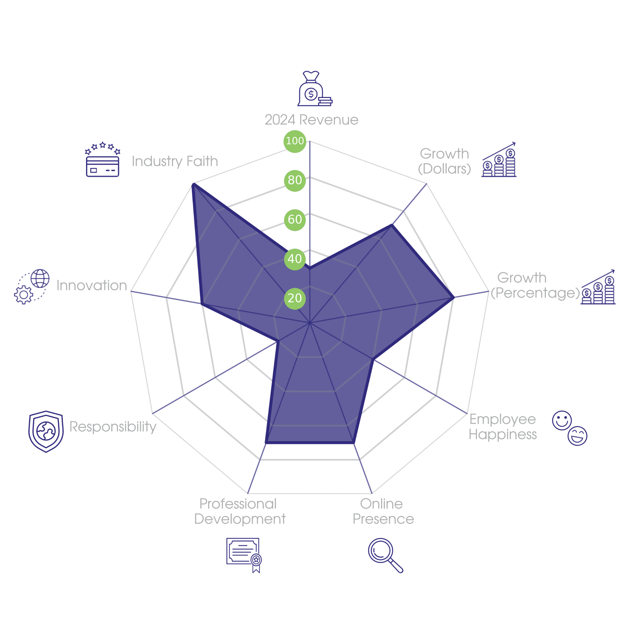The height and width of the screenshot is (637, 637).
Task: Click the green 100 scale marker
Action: click(x=295, y=141)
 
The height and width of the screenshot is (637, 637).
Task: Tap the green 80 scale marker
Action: click(x=295, y=180)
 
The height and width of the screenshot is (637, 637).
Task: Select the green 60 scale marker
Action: click(x=295, y=219)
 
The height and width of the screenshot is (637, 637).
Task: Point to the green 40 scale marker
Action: click(x=295, y=259)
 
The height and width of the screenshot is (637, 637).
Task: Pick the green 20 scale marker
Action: click(x=295, y=298)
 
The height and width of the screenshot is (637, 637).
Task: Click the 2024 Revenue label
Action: click(x=311, y=120)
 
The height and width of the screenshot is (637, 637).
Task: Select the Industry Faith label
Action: click(x=175, y=161)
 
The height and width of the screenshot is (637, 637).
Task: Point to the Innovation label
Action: click(x=92, y=285)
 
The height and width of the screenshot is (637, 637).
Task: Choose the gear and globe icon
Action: click(x=32, y=287)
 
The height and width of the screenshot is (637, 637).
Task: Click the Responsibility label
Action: click(x=113, y=427)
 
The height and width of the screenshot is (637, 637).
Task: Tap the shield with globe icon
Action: click(x=46, y=432)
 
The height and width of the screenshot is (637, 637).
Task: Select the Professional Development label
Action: click(x=240, y=512)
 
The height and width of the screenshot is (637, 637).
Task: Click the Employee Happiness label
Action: click(x=502, y=427)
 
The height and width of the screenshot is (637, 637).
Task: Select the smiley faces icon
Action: click(x=570, y=428)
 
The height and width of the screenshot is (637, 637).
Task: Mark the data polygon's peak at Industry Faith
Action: click(x=193, y=184)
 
